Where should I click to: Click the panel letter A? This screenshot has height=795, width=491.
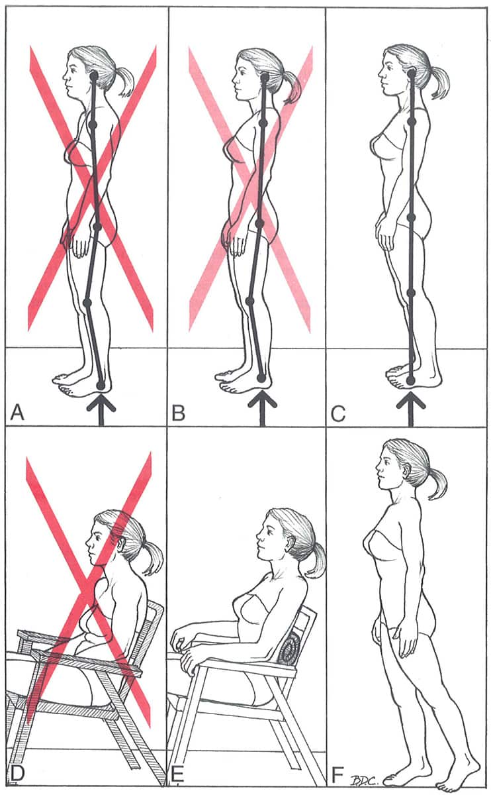coord(17,413)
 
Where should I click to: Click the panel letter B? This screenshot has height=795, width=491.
coord(178,413)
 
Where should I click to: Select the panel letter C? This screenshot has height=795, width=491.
coord(338,413)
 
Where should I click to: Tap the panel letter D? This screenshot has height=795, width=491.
coord(17,783)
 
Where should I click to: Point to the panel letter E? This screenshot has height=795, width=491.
coord(177,783)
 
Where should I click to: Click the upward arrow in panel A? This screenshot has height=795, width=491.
coord(101,411)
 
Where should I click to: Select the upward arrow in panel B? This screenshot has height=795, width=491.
coord(262,411)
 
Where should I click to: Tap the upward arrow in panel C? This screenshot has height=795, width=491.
coord(410,411)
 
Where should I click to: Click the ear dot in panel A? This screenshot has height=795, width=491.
coord(94,76)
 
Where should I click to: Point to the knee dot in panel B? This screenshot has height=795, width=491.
coord(250,301)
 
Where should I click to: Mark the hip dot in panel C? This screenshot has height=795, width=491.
coord(411,217)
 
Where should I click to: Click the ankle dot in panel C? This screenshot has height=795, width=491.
coord(410,381)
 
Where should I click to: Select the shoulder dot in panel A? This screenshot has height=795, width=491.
coord(93,125)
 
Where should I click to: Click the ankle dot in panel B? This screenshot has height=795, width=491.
coord(261,377)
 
